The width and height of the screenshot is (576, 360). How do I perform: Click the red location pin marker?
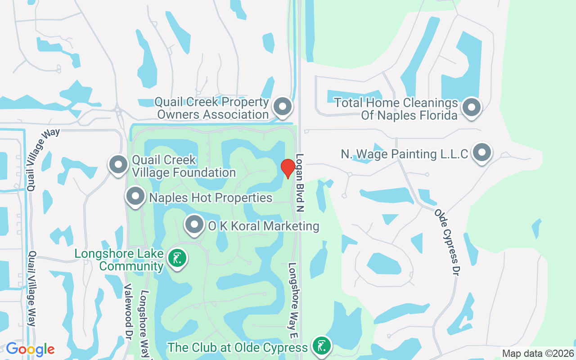pyautogui.click(x=288, y=168)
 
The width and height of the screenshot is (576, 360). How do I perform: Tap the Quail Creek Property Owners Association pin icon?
pyautogui.click(x=283, y=107)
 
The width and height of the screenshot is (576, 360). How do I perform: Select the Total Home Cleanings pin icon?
pyautogui.click(x=472, y=107)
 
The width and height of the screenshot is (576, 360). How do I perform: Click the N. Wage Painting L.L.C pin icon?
pyautogui.click(x=482, y=153)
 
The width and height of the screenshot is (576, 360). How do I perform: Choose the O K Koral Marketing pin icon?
pyautogui.click(x=194, y=224)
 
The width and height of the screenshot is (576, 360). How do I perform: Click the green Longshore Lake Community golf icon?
pyautogui.click(x=177, y=258)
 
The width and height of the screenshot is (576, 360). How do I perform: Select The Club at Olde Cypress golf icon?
pyautogui.click(x=322, y=346)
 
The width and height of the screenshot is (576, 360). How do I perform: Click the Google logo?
pyautogui.click(x=31, y=349)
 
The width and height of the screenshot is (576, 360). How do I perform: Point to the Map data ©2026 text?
pyautogui.click(x=538, y=353)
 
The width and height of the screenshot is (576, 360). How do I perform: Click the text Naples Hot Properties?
pyautogui.click(x=211, y=198)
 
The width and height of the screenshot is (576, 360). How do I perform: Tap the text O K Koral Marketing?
pyautogui.click(x=263, y=226)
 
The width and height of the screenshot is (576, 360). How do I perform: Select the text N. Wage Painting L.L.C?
pyautogui.click(x=405, y=154)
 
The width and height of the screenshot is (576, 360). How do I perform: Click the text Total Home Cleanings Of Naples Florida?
pyautogui.click(x=396, y=109)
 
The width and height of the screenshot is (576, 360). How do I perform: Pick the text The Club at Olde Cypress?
pyautogui.click(x=238, y=347)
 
